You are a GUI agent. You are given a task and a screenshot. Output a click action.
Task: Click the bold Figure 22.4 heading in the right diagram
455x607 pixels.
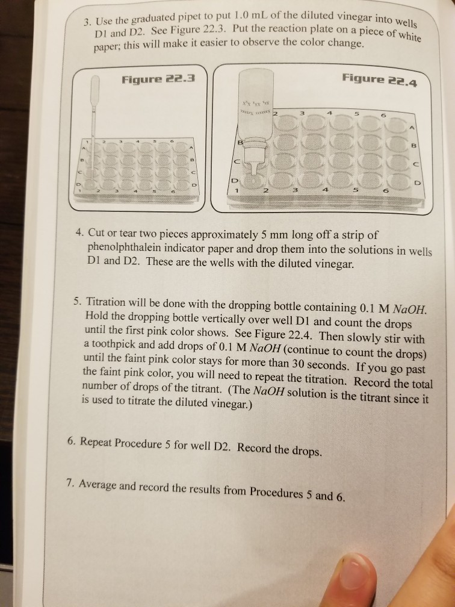coord(374,79)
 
